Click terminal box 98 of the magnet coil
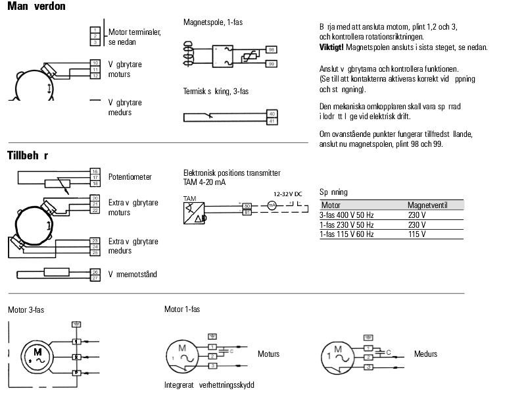(272, 50)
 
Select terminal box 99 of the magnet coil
(272, 63)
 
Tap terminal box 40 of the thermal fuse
(272, 114)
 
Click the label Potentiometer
(130, 177)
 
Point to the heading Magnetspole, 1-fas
(213, 22)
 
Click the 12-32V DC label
(288, 194)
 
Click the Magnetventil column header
(427, 205)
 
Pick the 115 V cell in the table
(417, 234)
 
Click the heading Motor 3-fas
(26, 309)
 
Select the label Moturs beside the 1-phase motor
(268, 354)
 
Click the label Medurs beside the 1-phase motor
(425, 354)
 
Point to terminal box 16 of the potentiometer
(95, 171)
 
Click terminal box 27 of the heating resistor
(95, 277)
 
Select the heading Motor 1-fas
(182, 309)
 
